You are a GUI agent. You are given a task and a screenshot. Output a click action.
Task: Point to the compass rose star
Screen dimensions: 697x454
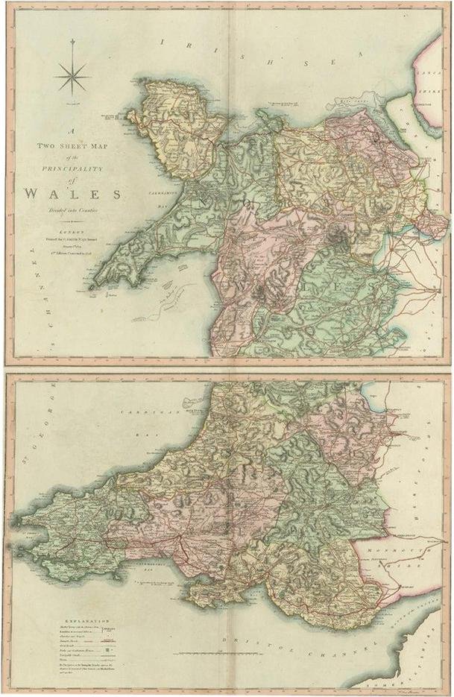(73, 76)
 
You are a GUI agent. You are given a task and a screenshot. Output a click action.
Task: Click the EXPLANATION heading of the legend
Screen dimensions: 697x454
(87, 619)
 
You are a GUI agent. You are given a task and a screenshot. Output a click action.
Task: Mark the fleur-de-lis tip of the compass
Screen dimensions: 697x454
(73, 43)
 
